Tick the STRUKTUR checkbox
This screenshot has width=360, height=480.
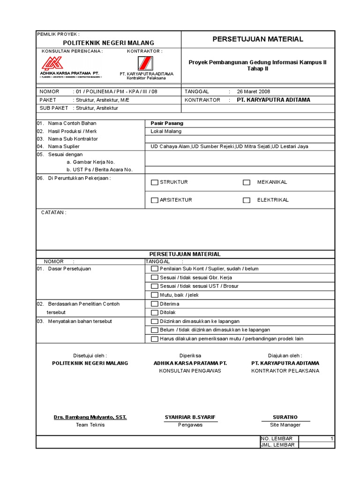(x=154, y=182)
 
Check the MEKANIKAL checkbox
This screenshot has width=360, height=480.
(x=247, y=182)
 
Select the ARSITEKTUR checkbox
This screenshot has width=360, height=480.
(x=154, y=200)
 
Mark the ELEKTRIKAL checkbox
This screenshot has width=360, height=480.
(x=247, y=200)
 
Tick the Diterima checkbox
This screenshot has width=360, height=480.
(x=154, y=304)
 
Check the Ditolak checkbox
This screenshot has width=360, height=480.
(x=154, y=313)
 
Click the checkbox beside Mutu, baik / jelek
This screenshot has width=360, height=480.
(x=154, y=295)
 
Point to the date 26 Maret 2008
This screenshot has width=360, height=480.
(x=253, y=92)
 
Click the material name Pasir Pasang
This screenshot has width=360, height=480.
(x=167, y=123)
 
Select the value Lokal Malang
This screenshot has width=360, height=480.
(x=165, y=132)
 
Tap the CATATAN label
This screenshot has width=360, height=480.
(x=53, y=212)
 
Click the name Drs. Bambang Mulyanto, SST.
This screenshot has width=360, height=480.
(x=90, y=417)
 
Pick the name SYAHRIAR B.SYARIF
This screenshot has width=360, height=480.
(x=190, y=417)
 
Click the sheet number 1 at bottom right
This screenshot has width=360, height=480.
(x=331, y=439)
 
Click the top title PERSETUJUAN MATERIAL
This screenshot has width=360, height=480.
(x=258, y=39)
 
